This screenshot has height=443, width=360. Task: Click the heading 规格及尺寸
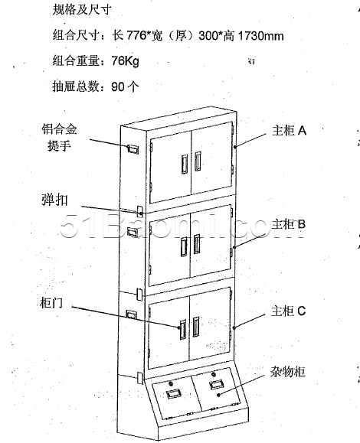point(82,9)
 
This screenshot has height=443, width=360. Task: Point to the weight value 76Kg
point(125,60)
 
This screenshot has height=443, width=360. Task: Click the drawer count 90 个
point(126,86)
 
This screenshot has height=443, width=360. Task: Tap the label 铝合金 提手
point(60,138)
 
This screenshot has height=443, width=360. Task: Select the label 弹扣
point(54,200)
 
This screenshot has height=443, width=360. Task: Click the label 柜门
point(51,303)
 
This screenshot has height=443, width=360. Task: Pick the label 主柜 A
point(290,131)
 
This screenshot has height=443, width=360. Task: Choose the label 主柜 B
point(289,224)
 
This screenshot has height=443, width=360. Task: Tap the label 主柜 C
point(289,311)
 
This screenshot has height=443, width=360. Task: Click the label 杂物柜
point(287,372)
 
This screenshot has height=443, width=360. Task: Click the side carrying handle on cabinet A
point(133,149)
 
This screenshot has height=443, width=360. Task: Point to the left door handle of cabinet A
point(185,164)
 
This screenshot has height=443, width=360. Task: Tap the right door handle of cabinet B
point(197,244)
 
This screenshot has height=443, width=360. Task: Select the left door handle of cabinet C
point(183,328)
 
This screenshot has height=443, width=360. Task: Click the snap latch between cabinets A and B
point(140,210)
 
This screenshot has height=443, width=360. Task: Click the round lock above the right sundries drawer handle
point(214,374)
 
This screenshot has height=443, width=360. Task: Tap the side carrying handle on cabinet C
point(131,314)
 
